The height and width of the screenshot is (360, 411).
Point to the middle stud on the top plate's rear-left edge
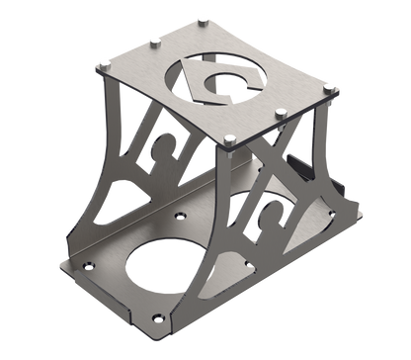[x=155, y=40]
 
